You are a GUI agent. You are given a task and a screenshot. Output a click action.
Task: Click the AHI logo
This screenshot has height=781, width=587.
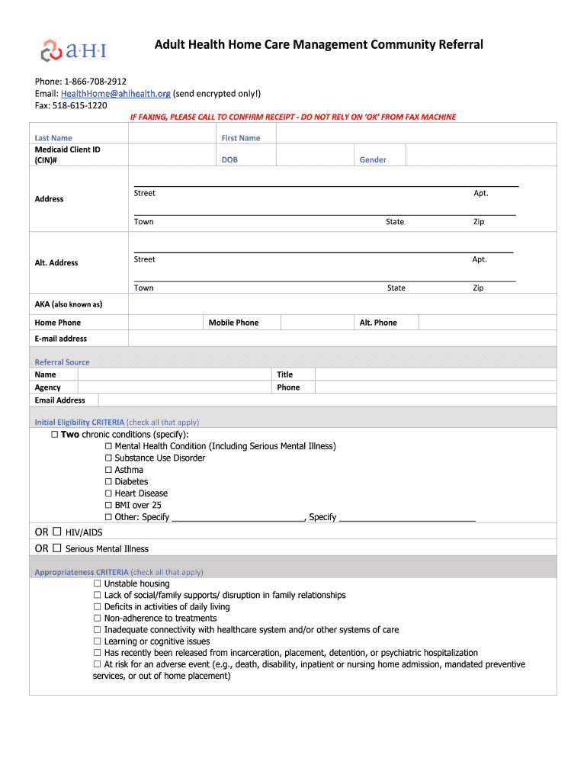point(73,50)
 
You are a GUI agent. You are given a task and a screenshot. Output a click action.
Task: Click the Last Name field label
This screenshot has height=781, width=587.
point(53,138)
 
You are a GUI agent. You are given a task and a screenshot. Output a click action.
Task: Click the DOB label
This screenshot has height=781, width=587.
point(229,159)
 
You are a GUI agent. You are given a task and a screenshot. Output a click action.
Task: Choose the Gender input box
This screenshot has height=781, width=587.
point(480,155)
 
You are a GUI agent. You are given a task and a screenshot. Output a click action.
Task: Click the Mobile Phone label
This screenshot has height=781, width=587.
point(233,323)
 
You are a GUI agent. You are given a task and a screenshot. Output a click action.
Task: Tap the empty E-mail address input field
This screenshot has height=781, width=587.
point(342,338)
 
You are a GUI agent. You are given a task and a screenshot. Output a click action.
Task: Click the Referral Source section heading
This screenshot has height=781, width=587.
point(62,362)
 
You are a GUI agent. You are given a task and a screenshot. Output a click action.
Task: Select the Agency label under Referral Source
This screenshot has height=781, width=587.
point(47,387)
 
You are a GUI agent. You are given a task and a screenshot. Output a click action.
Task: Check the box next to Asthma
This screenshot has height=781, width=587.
point(109,470)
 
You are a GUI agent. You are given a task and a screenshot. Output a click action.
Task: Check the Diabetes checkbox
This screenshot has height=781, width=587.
point(109,481)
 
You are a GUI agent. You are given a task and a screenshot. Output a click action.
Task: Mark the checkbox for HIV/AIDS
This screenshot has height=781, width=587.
point(57,532)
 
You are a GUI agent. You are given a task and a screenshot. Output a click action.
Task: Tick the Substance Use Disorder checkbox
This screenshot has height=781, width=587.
point(109,458)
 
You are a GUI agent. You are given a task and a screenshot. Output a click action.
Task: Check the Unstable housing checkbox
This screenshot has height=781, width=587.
point(98,583)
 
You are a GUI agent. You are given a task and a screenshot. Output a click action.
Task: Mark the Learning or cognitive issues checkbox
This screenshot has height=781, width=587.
point(98,641)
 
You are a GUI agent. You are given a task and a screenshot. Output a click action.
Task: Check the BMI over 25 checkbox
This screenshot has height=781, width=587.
point(109,505)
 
